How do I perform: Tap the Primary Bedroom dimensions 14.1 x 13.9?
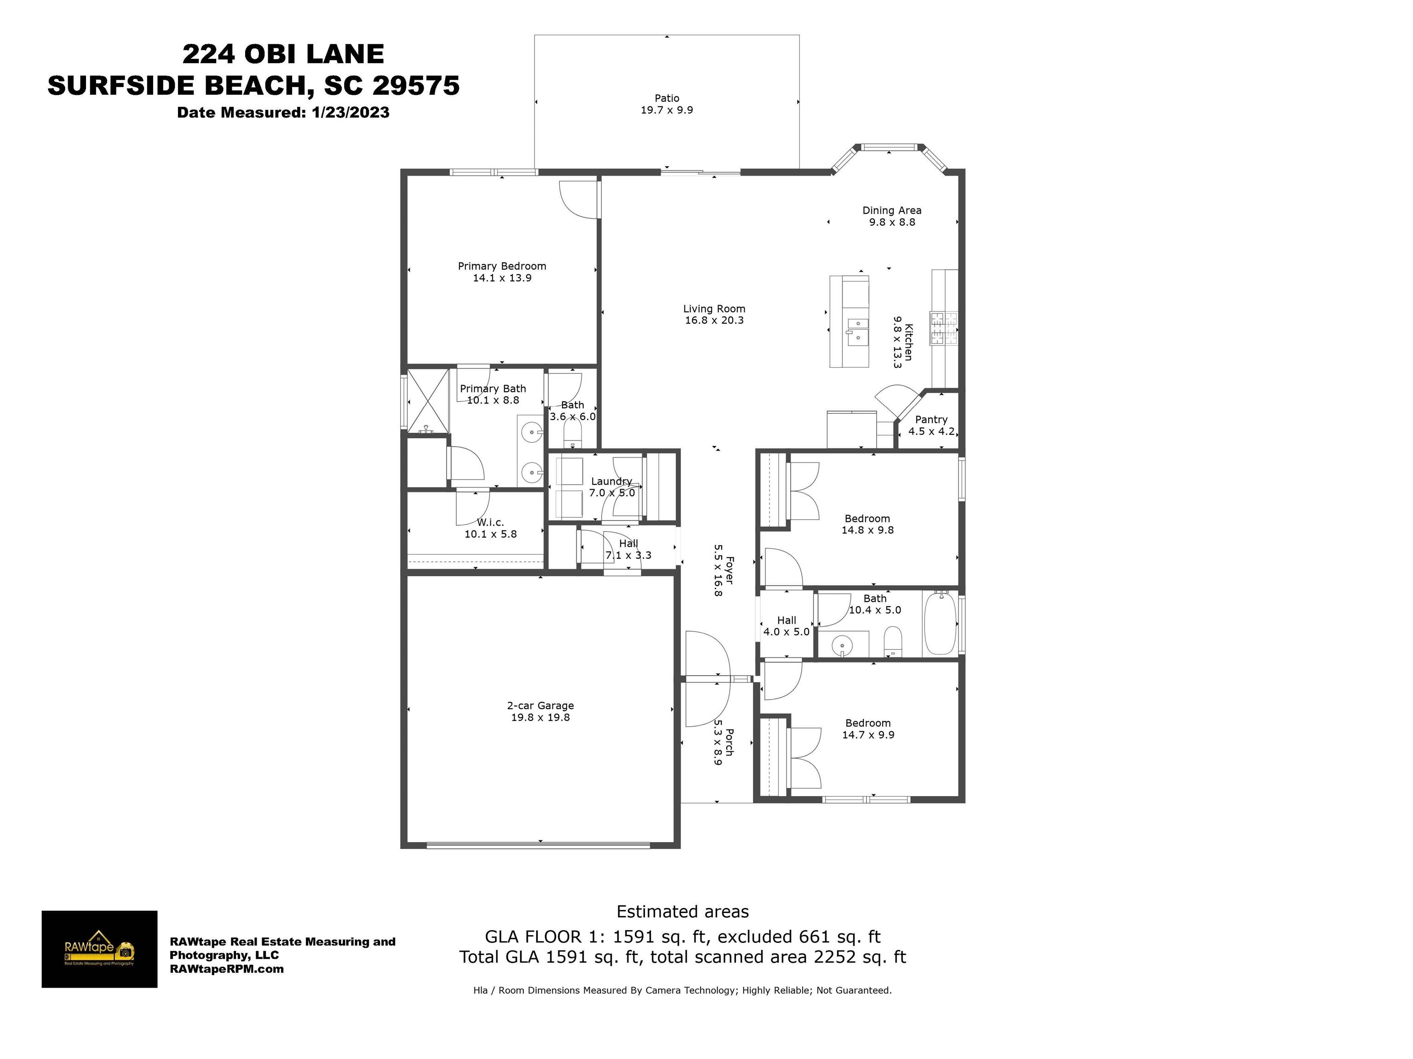pyautogui.click(x=502, y=278)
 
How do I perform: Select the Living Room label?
pyautogui.click(x=714, y=309)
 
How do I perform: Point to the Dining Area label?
pyautogui.click(x=892, y=210)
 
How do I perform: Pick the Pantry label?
pyautogui.click(x=931, y=420)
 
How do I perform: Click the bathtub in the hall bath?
pyautogui.click(x=940, y=624)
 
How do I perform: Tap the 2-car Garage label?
pyautogui.click(x=540, y=706)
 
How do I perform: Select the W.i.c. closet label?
pyautogui.click(x=491, y=523)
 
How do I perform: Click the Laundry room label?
pyautogui.click(x=611, y=481)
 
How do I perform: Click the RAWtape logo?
pyautogui.click(x=100, y=949)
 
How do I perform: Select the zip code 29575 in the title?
pyautogui.click(x=416, y=85)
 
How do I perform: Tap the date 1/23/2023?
pyautogui.click(x=350, y=112)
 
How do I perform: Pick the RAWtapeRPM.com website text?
pyautogui.click(x=227, y=969)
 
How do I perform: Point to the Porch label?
pyautogui.click(x=729, y=742)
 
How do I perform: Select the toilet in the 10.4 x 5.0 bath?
pyautogui.click(x=892, y=641)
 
